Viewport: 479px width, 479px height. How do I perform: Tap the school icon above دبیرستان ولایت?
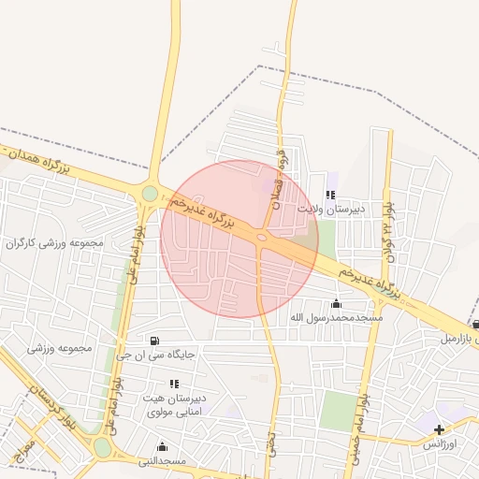click(329, 195)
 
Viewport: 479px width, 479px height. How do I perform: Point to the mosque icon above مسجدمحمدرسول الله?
click(337, 303)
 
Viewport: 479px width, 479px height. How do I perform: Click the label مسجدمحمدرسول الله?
click(337, 318)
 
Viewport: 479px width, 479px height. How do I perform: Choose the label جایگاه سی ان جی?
click(154, 355)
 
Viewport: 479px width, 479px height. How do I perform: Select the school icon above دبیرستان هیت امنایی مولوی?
click(174, 384)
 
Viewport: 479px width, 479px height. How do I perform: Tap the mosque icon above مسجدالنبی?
click(163, 446)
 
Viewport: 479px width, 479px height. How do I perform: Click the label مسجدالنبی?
click(163, 461)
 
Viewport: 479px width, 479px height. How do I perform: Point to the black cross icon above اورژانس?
click(439, 428)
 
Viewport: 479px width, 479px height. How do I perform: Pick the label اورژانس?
click(439, 443)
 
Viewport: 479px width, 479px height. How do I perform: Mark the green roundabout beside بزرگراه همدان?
click(150, 194)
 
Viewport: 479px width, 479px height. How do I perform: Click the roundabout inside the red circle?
click(263, 238)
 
